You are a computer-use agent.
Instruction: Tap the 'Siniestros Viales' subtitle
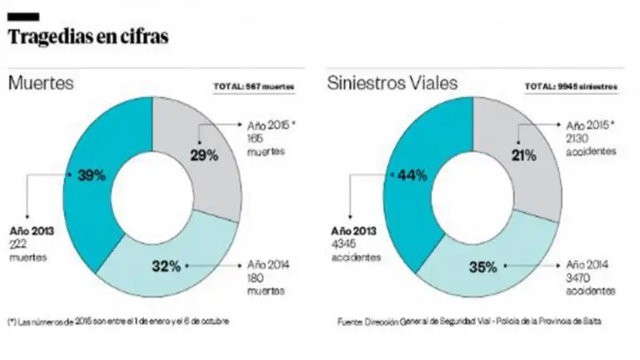pos(382,83)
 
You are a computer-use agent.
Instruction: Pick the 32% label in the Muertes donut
pos(165,267)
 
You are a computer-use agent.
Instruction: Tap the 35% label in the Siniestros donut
pos(483,267)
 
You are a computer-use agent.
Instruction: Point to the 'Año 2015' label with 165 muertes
pos(272,125)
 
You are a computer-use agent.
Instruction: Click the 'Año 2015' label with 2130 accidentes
pos(590,125)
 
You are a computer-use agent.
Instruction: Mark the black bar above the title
pos(22,16)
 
